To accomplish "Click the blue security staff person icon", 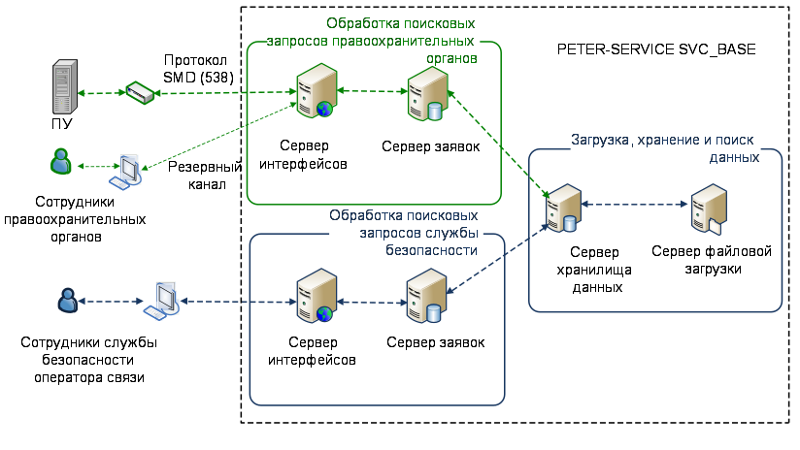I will click(x=66, y=301).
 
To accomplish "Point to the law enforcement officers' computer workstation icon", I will click(x=127, y=171).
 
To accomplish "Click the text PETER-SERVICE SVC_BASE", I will click(x=656, y=48).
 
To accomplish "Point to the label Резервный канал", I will click(x=198, y=175).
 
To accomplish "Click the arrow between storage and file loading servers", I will click(x=635, y=206).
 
